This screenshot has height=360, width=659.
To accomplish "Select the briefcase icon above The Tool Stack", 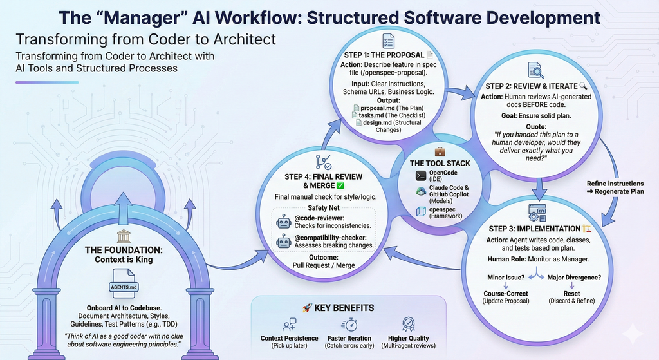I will point(440,151).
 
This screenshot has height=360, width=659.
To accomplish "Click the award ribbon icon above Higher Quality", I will point(408,324).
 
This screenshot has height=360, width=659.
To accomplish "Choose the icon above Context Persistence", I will point(290,324).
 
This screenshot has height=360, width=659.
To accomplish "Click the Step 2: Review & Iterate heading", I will point(523,86).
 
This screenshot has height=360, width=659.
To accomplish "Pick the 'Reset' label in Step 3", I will point(570,293).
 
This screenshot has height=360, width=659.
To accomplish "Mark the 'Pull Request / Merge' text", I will point(324,265).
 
